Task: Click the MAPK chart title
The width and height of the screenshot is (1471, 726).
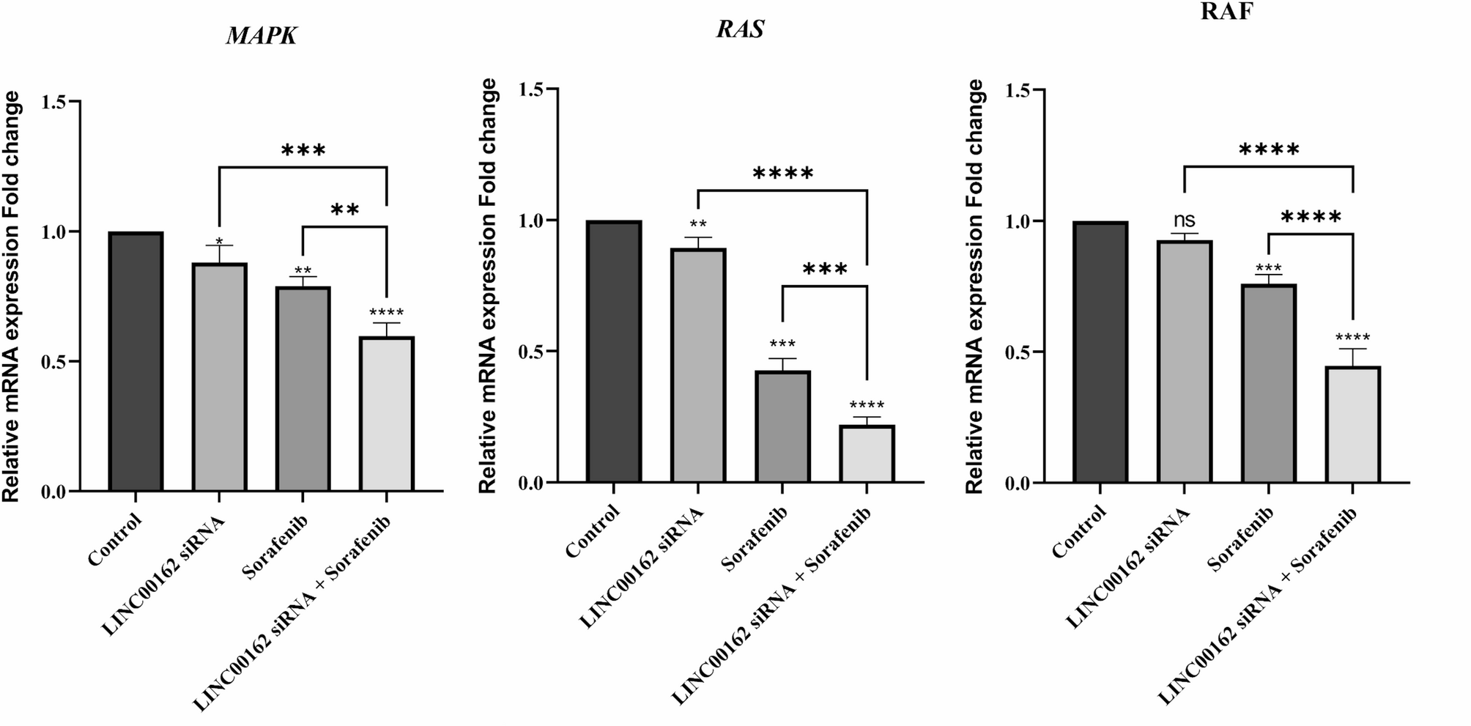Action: [262, 36]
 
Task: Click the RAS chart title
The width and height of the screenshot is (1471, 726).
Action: [740, 29]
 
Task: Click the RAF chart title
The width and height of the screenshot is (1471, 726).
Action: [1227, 12]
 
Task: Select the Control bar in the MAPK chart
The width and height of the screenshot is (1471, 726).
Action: [136, 361]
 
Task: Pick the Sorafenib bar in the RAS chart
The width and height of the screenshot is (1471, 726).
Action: [782, 426]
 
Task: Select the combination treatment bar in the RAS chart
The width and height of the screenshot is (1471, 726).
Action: [867, 453]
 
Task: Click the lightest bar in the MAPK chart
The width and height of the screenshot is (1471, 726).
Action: [387, 413]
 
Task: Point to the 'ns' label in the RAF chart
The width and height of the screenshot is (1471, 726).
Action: [1185, 220]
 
